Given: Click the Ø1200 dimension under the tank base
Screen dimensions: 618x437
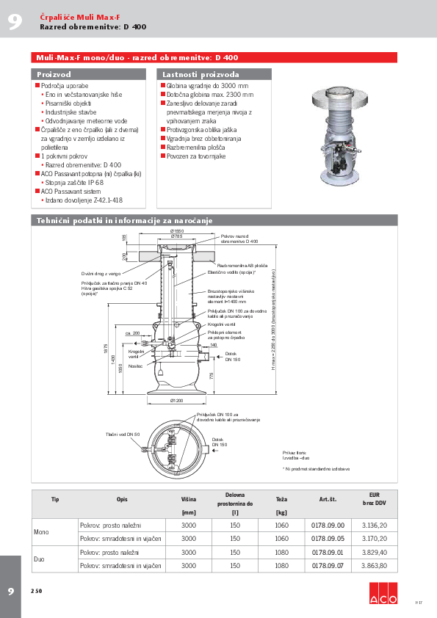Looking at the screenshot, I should click(176, 401).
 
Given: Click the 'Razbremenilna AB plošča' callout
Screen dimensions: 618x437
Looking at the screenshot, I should click(238, 266).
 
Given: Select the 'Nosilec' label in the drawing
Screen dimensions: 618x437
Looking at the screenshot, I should click(134, 366).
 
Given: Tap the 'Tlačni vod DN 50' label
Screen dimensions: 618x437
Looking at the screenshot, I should click(122, 435).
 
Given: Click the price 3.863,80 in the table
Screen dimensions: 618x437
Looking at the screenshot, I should click(374, 566).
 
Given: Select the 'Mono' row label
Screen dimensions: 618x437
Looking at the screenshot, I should click(41, 531).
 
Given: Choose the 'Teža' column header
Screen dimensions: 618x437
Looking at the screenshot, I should click(281, 499).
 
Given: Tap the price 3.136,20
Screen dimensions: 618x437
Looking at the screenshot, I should click(374, 525).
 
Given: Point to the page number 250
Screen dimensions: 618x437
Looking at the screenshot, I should click(36, 591).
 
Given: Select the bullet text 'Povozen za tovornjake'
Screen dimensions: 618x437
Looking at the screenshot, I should click(196, 156).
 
